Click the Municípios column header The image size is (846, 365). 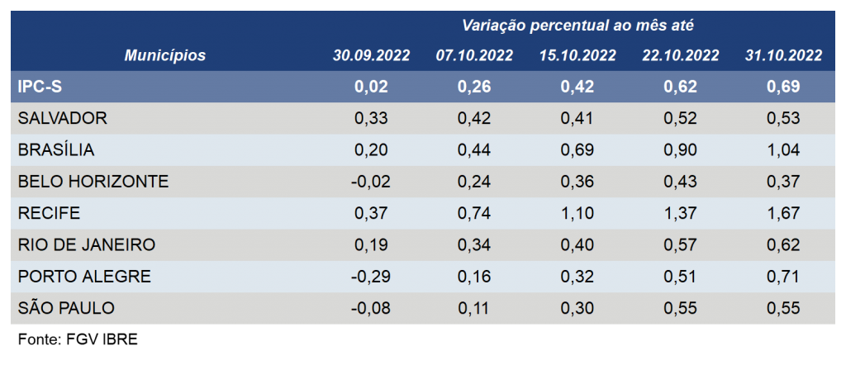[x=165, y=55]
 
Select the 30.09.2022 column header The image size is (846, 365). [x=371, y=55]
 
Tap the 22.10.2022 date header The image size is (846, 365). [x=681, y=55]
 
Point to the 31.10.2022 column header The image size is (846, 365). [x=783, y=55]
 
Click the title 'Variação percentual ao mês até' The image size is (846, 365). [x=577, y=26]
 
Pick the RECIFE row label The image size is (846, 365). [x=49, y=214]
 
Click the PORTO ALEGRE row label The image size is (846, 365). [x=84, y=277]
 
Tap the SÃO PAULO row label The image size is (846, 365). [x=66, y=308]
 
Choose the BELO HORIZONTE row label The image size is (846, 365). [x=93, y=182]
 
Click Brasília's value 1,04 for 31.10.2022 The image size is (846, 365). [x=783, y=150]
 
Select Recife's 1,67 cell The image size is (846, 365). [x=783, y=214]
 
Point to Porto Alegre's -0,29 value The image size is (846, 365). [x=369, y=277]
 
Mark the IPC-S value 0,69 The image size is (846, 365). [x=783, y=87]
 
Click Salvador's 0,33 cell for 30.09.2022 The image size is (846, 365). [x=371, y=119]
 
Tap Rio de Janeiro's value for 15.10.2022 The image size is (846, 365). [x=577, y=245]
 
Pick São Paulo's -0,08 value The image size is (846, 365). [x=369, y=308]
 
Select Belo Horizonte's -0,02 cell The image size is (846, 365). [x=369, y=182]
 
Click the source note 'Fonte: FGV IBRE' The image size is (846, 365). [x=78, y=340]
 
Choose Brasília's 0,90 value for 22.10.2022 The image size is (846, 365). [x=681, y=150]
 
